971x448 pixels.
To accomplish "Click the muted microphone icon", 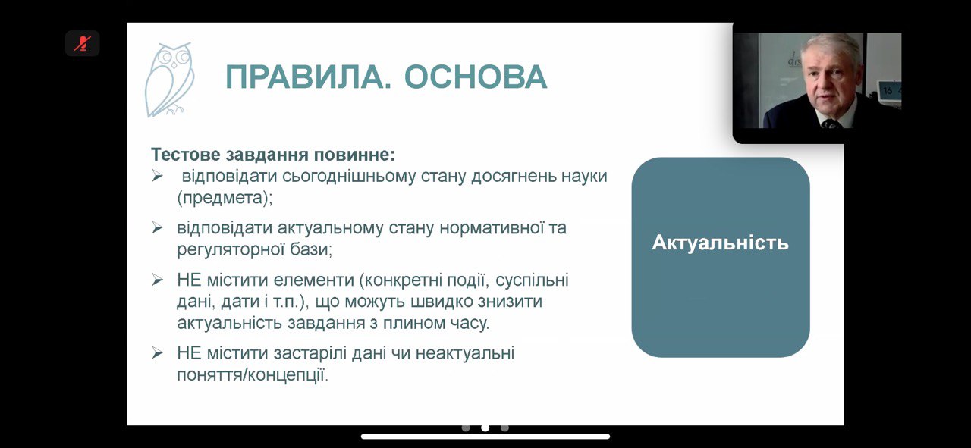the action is pos(82,43).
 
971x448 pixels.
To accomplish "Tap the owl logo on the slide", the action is pos(169,80).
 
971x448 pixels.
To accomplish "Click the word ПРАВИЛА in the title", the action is pos(307,77).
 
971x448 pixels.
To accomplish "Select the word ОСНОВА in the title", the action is pos(476,77).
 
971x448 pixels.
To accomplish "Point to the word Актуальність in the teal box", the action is pos(721,243).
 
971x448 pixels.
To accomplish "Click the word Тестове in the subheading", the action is pos(186,155).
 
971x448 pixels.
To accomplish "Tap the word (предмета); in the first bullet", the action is pos(225,198).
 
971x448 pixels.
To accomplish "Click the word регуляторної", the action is pos(231,249).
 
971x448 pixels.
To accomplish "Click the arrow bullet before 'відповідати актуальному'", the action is pos(157,228).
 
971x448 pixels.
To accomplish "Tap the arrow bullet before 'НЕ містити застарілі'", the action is pos(157,353).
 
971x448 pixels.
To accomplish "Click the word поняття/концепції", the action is pos(253,375).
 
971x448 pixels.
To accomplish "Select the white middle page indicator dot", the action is pos(485,428).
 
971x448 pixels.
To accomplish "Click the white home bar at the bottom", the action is pos(485,437).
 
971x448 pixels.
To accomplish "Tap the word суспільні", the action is pos(532,280).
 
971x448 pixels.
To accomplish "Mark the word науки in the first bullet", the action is pos(584,177).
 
